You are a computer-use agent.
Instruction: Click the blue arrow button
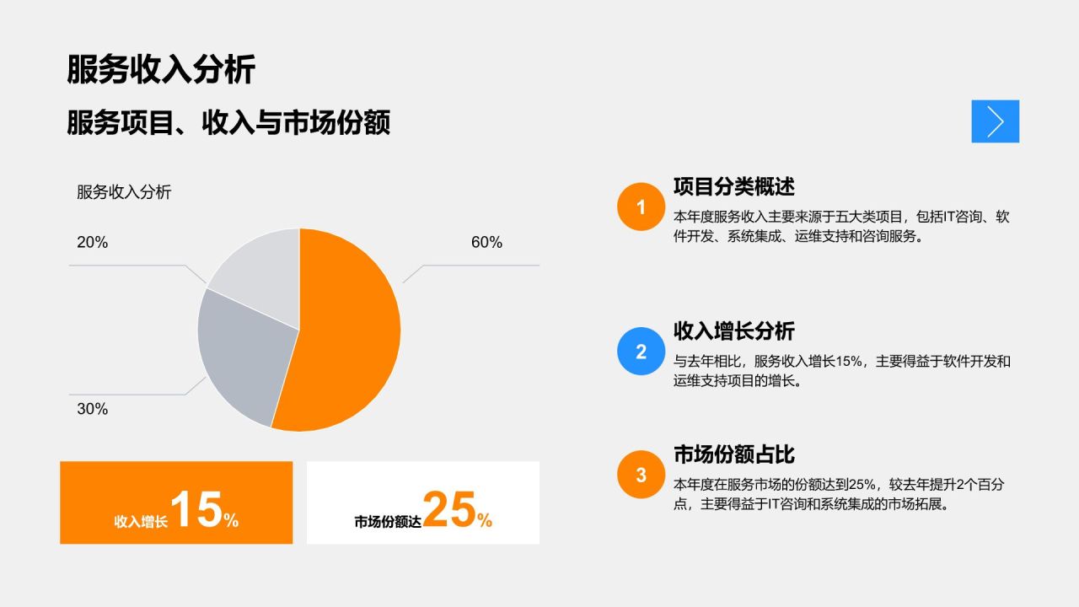pos(995,121)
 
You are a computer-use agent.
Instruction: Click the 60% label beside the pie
pos(486,243)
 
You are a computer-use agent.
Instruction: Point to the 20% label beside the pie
pos(92,243)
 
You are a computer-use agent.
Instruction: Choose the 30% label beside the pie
pos(92,409)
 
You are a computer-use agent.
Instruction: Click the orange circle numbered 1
pos(641,207)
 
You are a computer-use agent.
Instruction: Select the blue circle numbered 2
pos(641,352)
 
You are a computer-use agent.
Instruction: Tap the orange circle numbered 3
pos(641,475)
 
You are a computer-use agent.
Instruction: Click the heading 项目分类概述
pos(733,185)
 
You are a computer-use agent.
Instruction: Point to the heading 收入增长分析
pos(733,330)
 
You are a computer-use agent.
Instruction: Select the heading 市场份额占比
pos(733,454)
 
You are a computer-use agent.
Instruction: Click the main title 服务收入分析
pos(160,70)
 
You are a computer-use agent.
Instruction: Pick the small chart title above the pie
pos(124,192)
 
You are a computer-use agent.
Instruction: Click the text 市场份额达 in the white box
pos(388,522)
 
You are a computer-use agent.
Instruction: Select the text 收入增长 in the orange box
pos(141,522)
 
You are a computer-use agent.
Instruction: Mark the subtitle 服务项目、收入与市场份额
pos(228,123)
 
